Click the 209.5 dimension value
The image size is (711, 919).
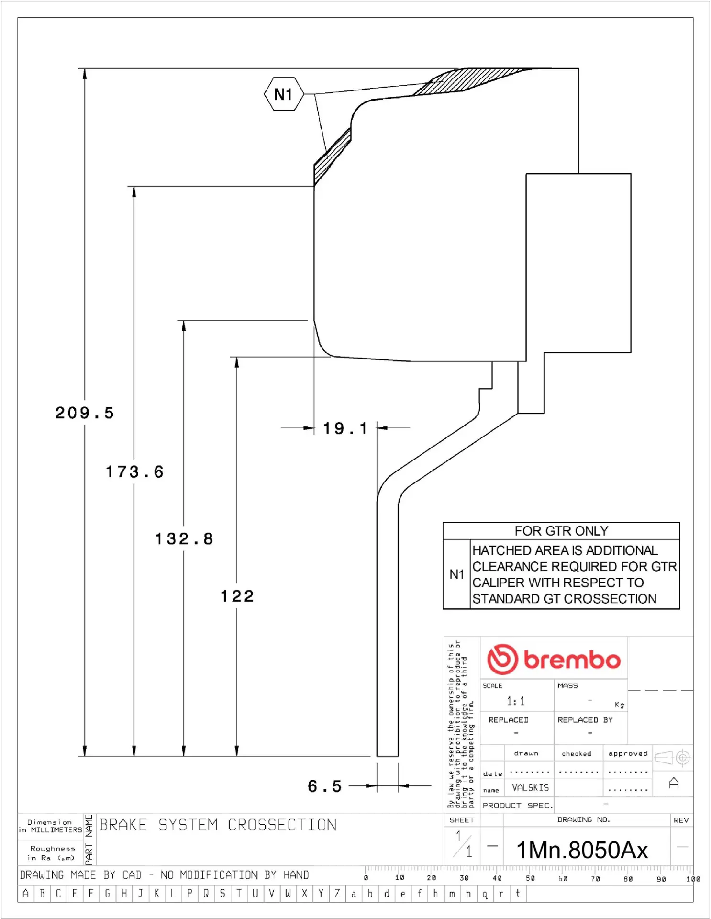85,413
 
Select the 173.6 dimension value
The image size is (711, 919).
134,472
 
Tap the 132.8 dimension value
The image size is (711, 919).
184,539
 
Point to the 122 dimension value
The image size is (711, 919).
237,596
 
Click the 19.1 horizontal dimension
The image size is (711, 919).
345,428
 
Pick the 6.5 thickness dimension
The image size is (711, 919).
325,786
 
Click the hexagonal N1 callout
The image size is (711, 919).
284,94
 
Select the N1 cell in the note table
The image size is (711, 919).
456,574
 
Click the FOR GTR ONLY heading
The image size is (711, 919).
561,531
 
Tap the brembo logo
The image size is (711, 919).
554,660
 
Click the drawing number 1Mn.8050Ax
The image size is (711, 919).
582,851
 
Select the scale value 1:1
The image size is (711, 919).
516,701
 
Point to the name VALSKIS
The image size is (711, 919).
530,787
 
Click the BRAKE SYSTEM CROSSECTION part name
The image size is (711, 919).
218,825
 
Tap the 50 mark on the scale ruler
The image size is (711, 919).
530,878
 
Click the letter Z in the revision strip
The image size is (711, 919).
337,893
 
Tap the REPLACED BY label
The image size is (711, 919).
585,720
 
